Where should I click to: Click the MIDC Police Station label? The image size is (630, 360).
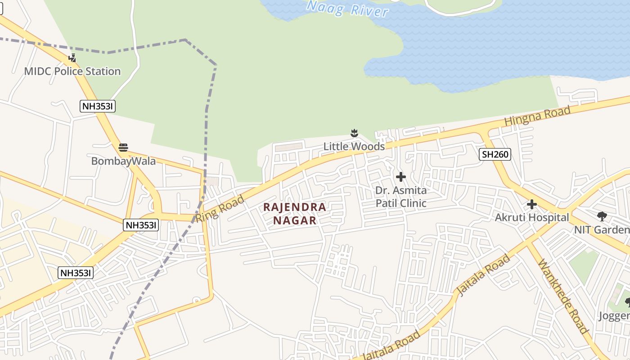click(x=72, y=71)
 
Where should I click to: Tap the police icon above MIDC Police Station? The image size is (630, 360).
click(x=72, y=58)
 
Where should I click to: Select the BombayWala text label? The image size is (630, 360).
click(x=123, y=161)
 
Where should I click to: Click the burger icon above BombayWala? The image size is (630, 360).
click(x=123, y=147)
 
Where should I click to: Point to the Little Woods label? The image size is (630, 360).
click(x=354, y=146)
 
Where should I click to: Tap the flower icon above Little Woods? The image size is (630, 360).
click(x=354, y=133)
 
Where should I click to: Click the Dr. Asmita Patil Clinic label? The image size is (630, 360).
click(x=401, y=197)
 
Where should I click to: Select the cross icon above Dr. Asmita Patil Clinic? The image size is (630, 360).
click(x=400, y=177)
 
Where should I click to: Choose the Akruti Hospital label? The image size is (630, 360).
click(x=532, y=217)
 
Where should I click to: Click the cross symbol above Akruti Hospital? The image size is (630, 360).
click(x=532, y=204)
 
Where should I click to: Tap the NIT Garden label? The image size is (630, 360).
click(x=602, y=229)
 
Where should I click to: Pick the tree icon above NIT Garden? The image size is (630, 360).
click(x=602, y=216)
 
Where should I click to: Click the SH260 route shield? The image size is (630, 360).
click(x=495, y=154)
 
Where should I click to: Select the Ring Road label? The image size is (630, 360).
click(x=220, y=208)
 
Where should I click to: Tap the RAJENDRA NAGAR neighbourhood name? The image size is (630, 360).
click(x=295, y=214)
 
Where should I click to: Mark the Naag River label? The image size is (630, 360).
click(x=347, y=9)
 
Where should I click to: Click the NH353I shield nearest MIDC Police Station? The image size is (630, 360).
click(x=98, y=106)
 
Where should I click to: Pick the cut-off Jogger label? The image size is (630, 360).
click(x=614, y=315)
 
